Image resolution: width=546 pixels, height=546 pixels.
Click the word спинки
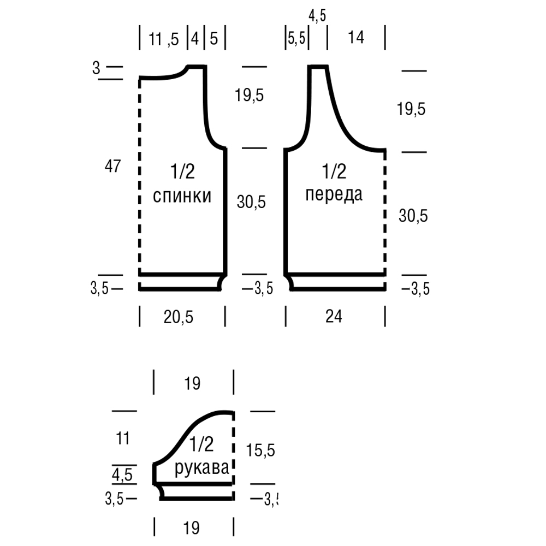182,197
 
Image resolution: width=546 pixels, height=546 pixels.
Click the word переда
334,194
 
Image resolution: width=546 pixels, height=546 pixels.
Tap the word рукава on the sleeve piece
202,468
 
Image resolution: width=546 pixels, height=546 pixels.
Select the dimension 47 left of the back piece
112,166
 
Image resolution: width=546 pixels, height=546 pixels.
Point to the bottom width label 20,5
179,317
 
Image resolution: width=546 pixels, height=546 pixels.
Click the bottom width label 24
334,317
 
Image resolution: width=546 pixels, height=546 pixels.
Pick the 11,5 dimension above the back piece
164,39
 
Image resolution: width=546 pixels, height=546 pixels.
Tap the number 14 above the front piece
356,37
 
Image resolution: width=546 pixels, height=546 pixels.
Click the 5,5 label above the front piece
296,38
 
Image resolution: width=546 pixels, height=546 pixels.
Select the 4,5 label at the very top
317,16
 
